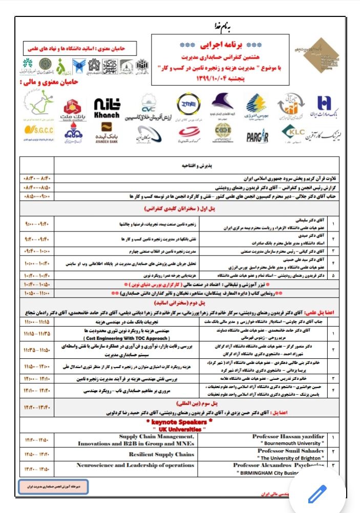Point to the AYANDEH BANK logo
[107, 134]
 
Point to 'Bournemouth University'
[288, 443]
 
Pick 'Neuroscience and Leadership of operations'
[135, 465]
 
